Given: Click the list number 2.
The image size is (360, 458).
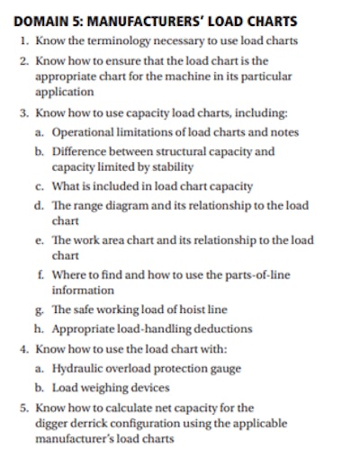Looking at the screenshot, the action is click(23, 61).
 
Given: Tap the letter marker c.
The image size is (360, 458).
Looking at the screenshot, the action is click(40, 186).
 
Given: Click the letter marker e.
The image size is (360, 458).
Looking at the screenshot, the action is click(40, 240).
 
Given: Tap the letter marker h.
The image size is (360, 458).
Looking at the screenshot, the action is click(40, 328).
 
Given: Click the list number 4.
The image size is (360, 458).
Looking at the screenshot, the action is click(23, 348).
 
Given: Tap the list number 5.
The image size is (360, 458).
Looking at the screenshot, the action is click(23, 407).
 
